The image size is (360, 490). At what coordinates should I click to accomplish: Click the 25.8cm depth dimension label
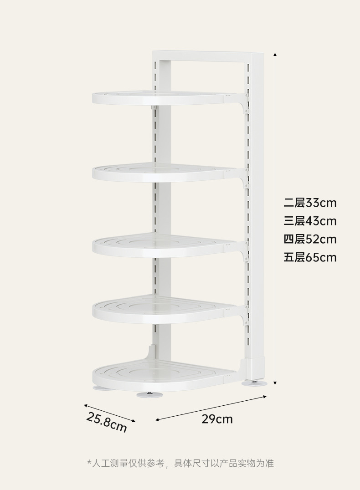click(x=106, y=422)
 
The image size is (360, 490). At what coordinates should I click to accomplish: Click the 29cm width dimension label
click(x=217, y=419)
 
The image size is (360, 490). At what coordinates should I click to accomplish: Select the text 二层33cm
click(x=310, y=203)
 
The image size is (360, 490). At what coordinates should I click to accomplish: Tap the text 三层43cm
click(x=310, y=221)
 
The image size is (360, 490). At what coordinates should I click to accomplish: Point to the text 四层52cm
click(x=310, y=239)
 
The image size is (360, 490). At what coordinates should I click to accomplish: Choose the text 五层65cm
click(x=310, y=257)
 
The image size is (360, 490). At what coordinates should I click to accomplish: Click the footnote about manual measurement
click(x=180, y=464)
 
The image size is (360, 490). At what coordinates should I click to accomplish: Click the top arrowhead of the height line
click(x=275, y=54)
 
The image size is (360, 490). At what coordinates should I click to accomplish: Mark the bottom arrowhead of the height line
click(x=275, y=383)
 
